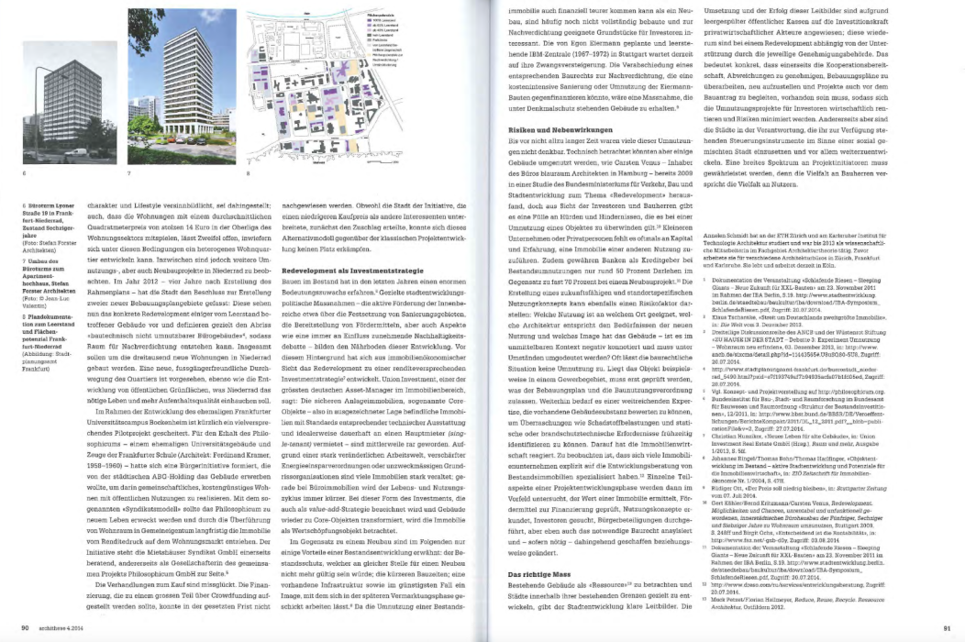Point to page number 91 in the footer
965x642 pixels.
coord(947,627)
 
